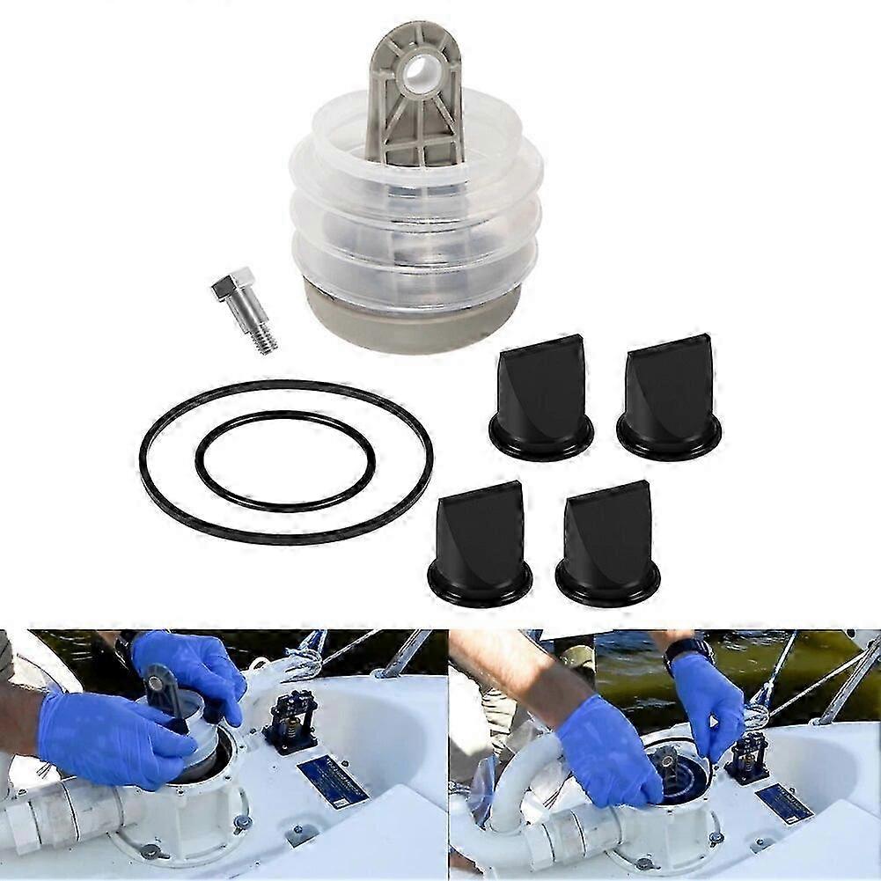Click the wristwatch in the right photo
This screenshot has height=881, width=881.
(x=688, y=652)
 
